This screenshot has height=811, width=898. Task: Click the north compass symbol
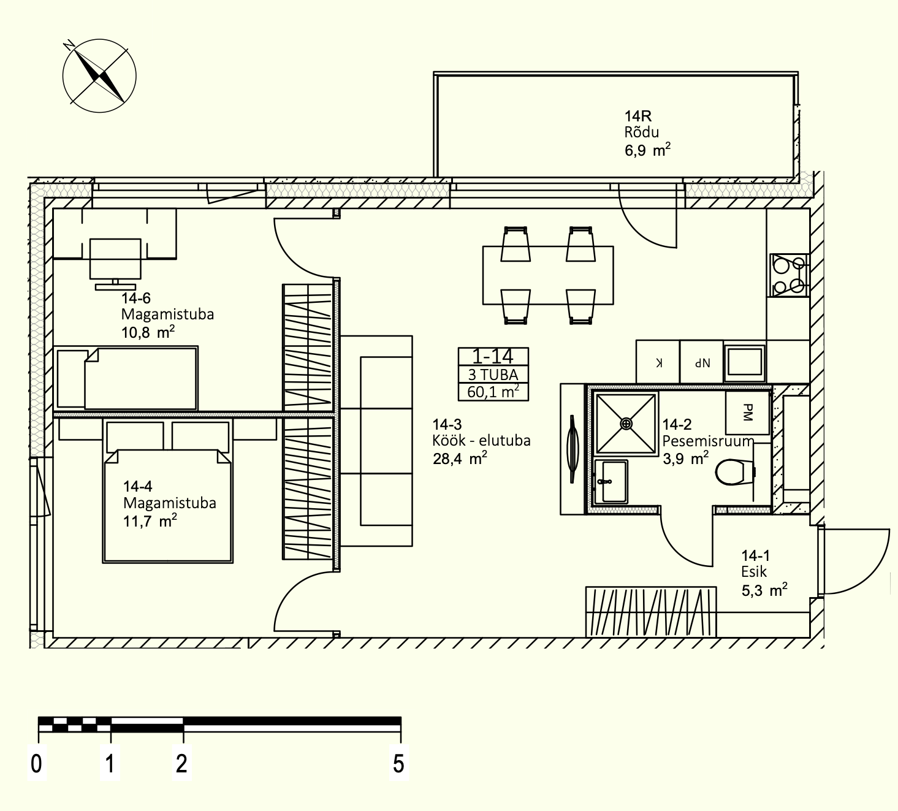pos(99,75)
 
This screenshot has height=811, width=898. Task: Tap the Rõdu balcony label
pos(642,132)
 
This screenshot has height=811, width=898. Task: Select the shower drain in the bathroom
pos(626,423)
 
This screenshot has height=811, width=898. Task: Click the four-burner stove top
pos(789,275)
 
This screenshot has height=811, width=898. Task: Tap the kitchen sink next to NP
pos(744,362)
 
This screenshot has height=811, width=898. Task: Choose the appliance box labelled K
pos(658,362)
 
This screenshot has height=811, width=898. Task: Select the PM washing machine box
pos(747,413)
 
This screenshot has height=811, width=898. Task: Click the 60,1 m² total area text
pos(493,392)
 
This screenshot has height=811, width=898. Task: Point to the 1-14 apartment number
pos(493,357)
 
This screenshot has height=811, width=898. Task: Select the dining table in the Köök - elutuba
pos(548,275)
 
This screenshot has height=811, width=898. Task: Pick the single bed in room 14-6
pos(126,378)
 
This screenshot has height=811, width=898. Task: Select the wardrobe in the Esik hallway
pos(651,612)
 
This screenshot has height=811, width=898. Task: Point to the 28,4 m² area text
pos(460,459)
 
